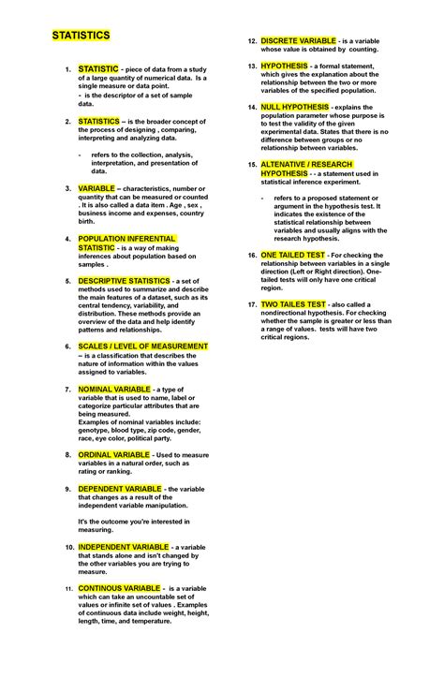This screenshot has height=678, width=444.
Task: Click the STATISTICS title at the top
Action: [81, 35]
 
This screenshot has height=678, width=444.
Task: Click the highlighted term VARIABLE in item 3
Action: [97, 187]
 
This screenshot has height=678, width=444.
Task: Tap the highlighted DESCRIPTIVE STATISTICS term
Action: [124, 280]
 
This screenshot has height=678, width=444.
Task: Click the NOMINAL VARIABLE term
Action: [113, 388]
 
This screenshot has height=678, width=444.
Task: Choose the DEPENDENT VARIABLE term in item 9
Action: [120, 489]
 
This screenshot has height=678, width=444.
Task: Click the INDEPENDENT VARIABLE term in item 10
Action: [124, 546]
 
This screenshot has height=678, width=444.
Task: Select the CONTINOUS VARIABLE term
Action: [120, 587]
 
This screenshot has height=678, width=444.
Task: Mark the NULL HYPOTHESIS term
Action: [295, 107]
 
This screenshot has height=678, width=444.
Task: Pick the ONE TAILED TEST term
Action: [293, 254]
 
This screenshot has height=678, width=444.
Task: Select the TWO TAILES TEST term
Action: [293, 304]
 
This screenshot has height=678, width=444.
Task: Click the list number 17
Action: [251, 305]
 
